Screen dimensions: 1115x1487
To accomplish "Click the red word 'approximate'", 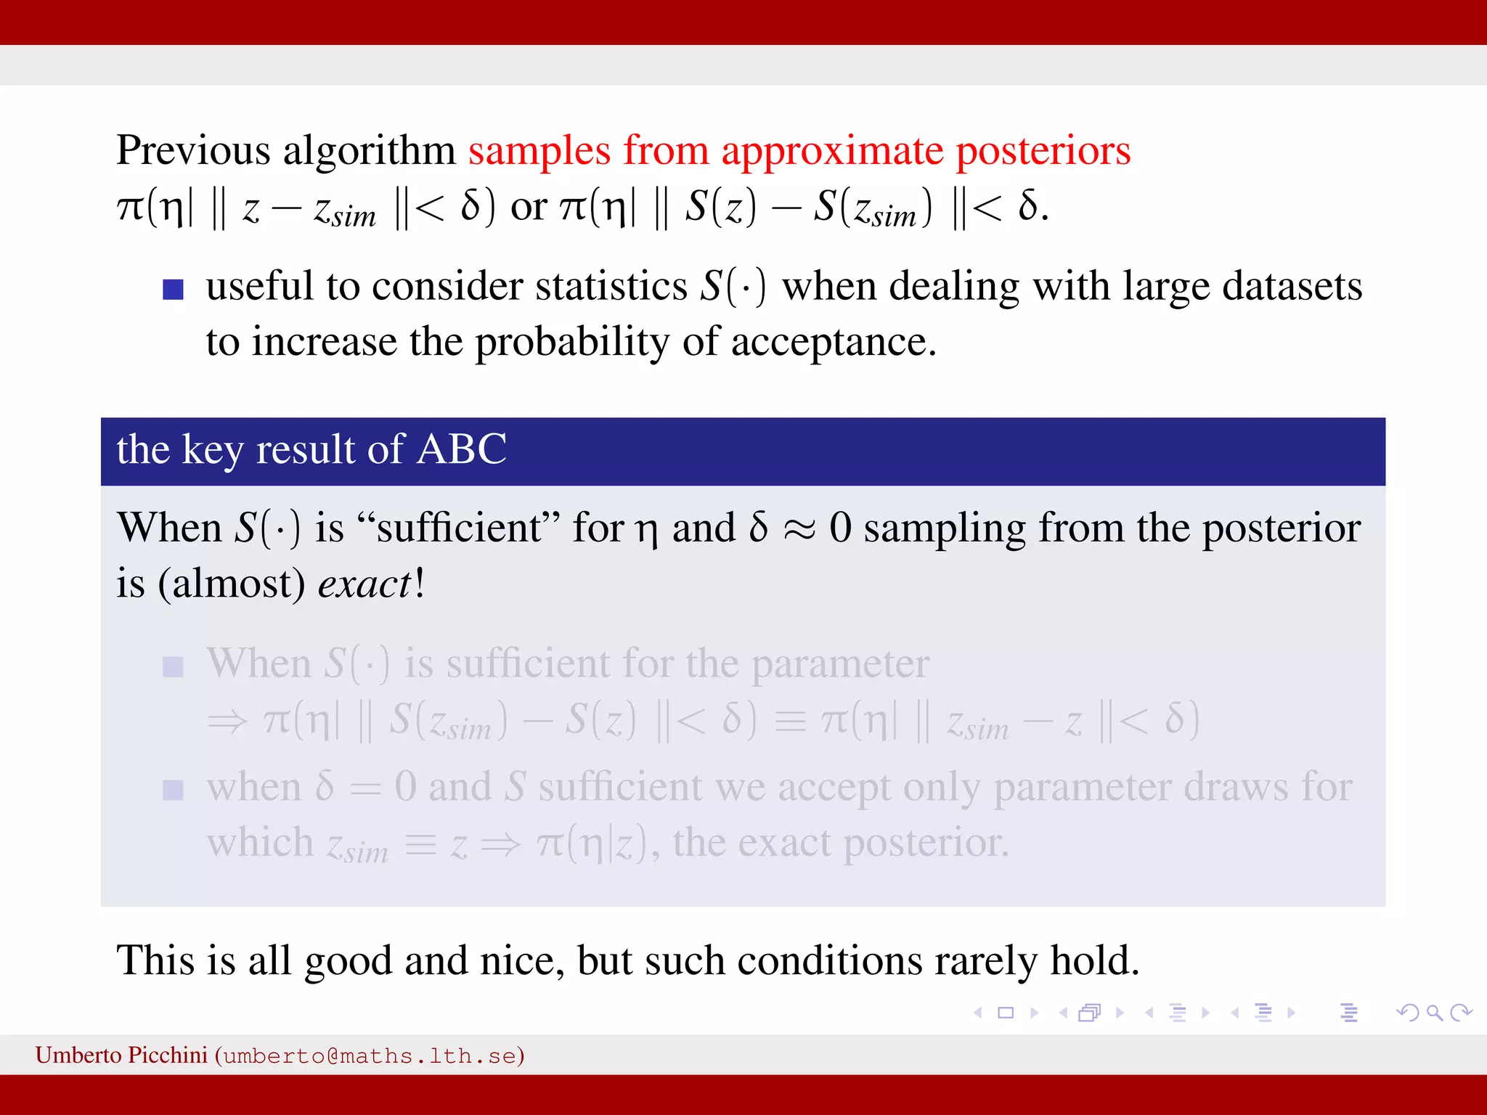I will [832, 151].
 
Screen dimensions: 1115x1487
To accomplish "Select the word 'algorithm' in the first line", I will [369, 151].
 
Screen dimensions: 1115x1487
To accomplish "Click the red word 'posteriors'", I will [1043, 151].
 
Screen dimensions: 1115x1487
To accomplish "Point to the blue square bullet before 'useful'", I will [173, 290].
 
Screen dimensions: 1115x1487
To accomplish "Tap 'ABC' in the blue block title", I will [462, 449].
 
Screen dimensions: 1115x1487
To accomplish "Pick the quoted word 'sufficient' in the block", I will [459, 528].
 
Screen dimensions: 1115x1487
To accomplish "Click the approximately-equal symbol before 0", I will [799, 529].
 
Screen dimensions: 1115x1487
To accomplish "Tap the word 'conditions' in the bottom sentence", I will [829, 960].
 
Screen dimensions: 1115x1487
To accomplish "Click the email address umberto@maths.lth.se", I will [370, 1056].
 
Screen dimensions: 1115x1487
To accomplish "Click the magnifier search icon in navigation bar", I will [1434, 1013].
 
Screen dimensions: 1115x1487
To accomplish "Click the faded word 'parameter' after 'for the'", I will [840, 663].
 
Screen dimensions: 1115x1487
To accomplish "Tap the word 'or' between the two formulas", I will [529, 208].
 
